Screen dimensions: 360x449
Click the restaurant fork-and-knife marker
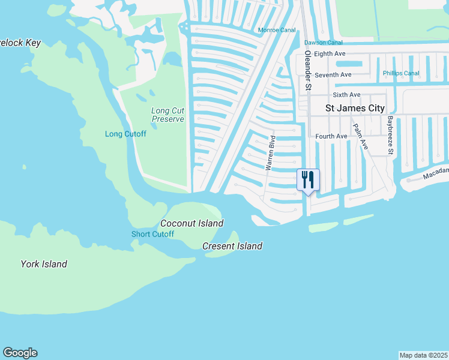pos(308,179)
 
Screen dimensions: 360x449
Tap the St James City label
pos(355,109)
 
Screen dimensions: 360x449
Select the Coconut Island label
pos(191,223)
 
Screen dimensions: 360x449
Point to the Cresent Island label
pos(232,246)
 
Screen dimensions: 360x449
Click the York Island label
pos(44,264)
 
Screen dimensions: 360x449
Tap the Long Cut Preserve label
pos(167,115)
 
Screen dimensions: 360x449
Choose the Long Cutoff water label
pos(125,134)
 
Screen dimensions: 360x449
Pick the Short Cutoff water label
pos(152,234)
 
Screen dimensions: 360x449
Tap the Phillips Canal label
pos(401,73)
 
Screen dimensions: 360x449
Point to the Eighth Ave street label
pos(330,54)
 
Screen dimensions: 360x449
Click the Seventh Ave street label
pos(333,74)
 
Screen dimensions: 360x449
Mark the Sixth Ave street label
pos(346,95)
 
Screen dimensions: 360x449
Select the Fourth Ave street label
pos(331,136)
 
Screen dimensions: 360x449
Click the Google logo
pos(20,353)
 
